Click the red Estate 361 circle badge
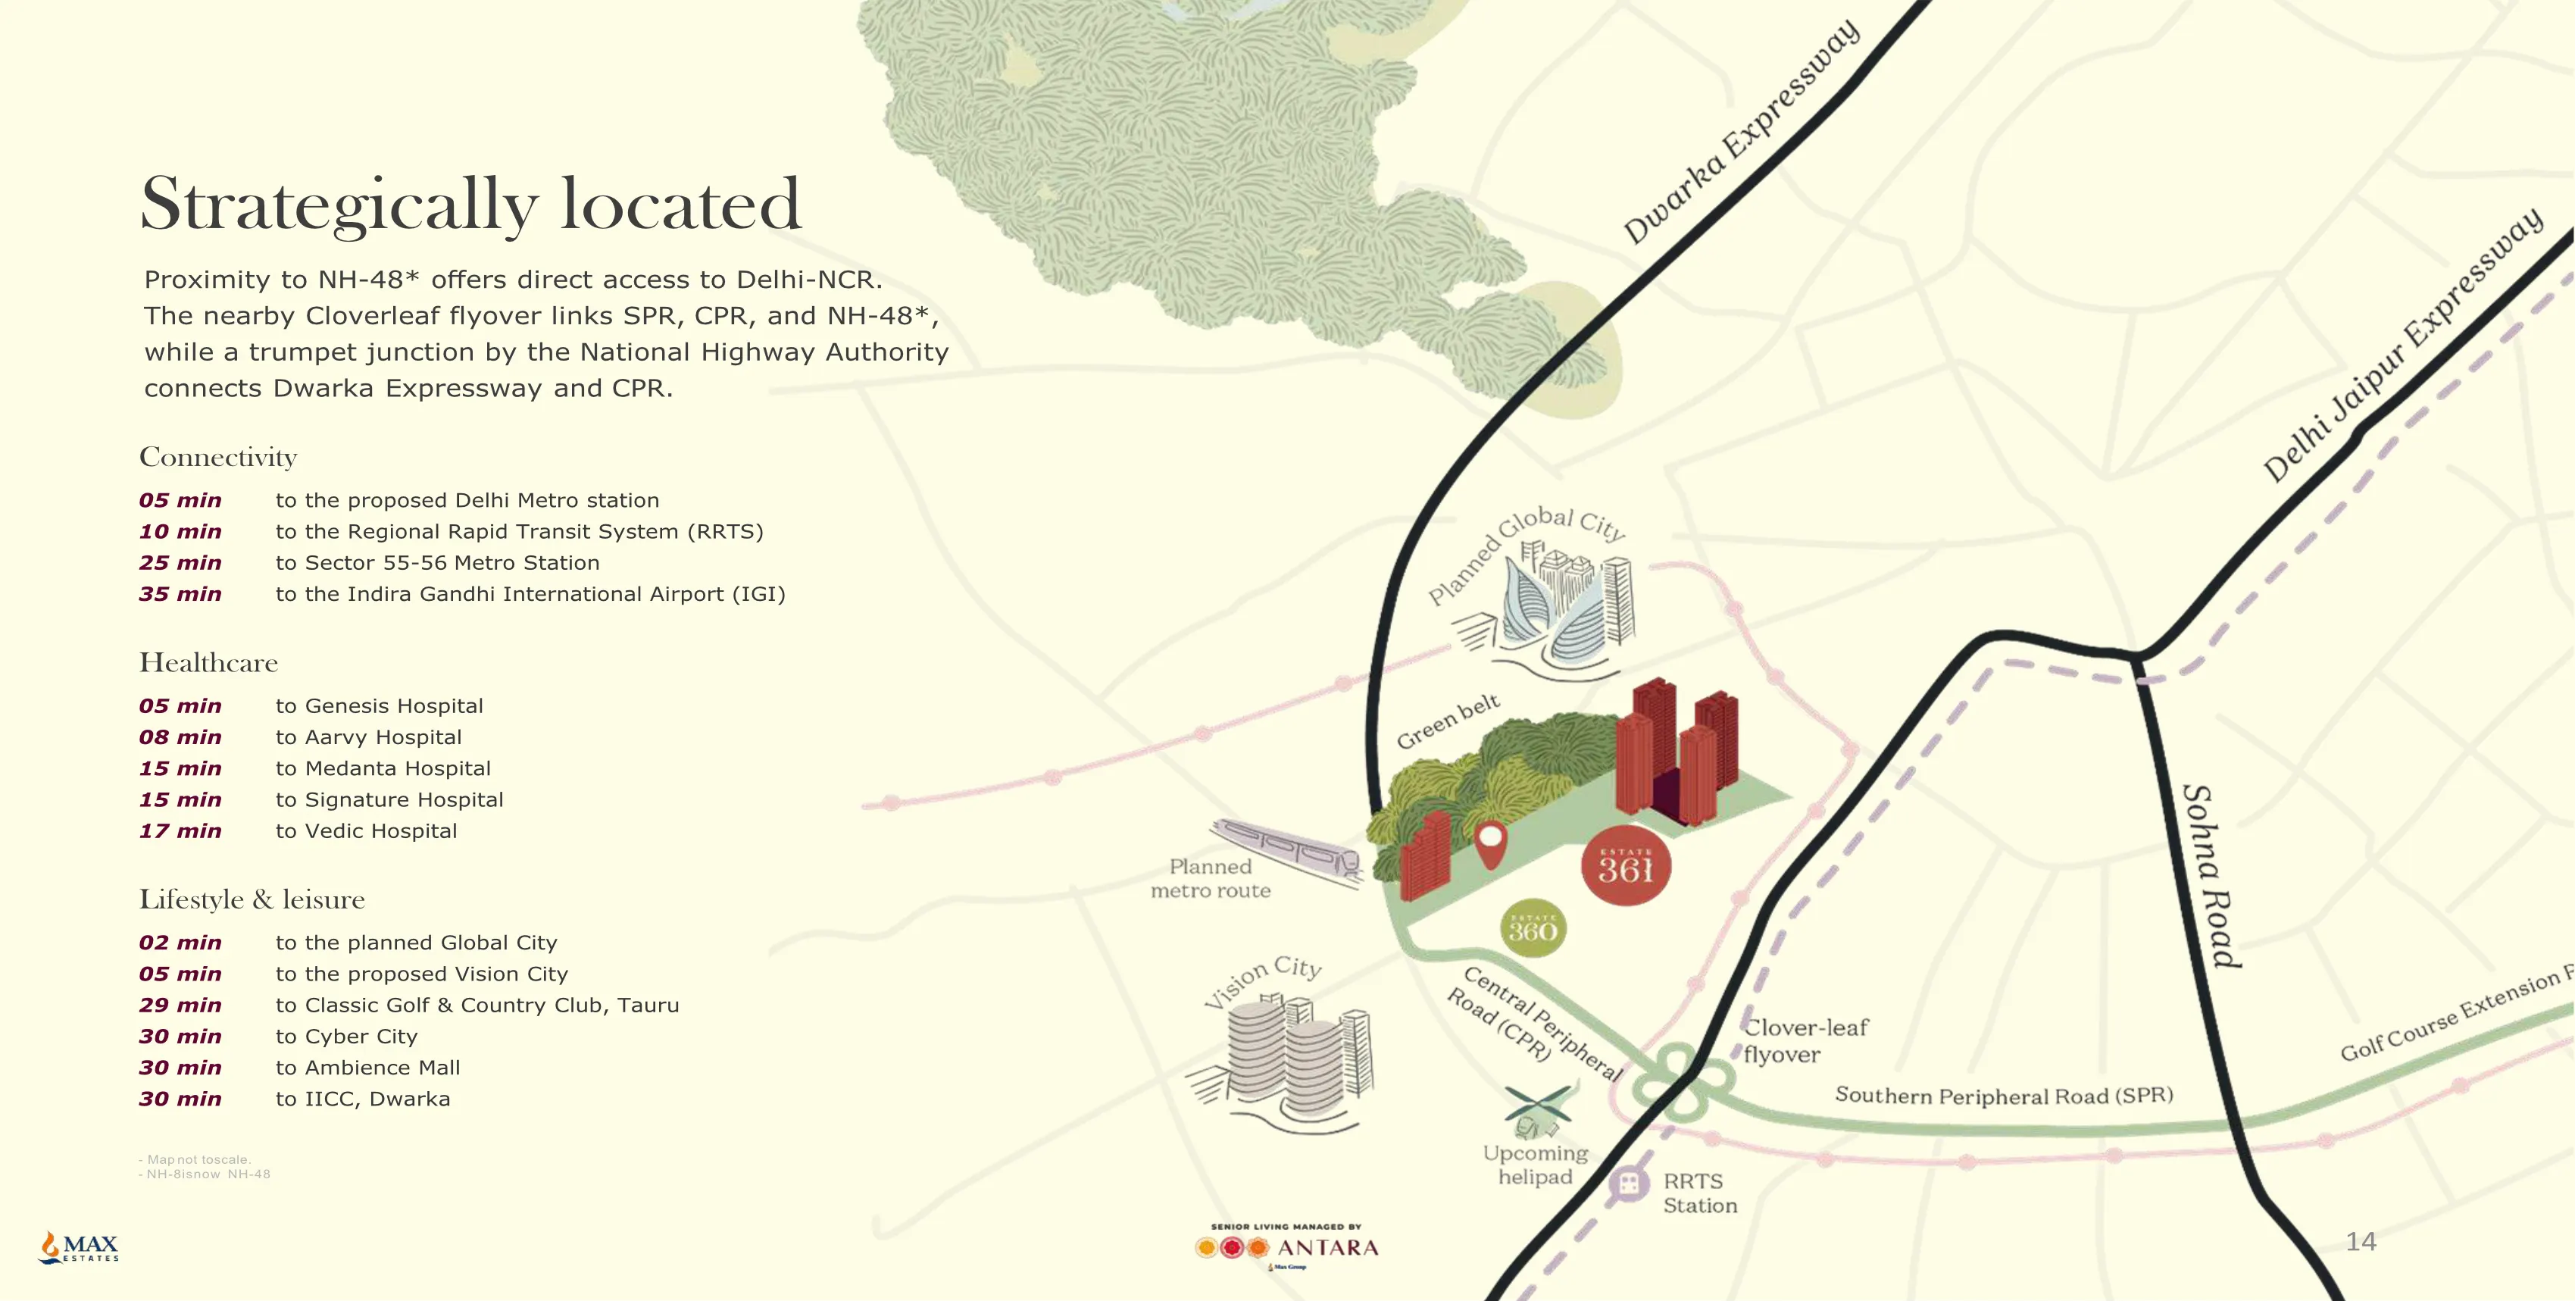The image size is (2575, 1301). click(1625, 866)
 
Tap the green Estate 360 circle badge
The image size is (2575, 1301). click(1533, 929)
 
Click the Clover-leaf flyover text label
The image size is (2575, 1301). click(1805, 1040)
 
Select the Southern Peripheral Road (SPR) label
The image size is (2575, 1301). click(2003, 1095)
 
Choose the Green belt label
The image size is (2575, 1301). click(1448, 720)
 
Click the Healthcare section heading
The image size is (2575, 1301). click(208, 663)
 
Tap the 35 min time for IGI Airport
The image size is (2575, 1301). click(180, 594)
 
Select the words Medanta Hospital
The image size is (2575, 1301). click(398, 769)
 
